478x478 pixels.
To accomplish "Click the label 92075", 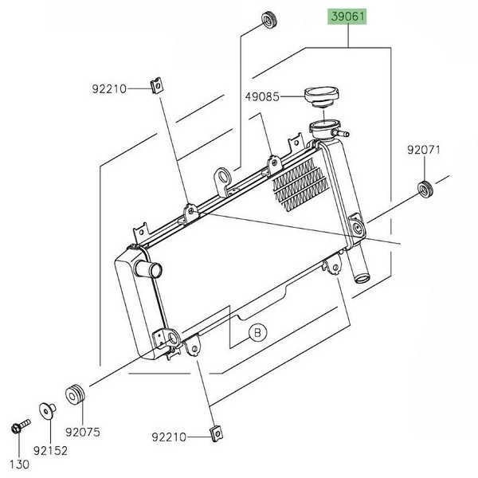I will point(84,434).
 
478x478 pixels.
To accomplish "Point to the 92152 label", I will point(50,450).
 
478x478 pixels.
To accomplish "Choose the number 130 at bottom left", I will point(18,464).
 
